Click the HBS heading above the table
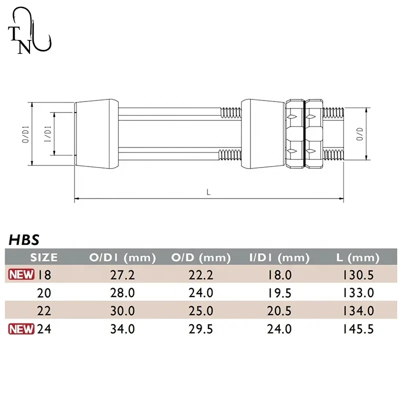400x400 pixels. tap(23, 239)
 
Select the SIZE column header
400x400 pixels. tap(44, 258)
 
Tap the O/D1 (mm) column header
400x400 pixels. tap(122, 258)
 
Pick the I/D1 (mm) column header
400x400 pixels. tap(279, 258)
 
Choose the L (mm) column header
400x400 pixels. tap(357, 258)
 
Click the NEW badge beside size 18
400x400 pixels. tap(20, 274)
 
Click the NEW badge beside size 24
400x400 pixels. tap(20, 328)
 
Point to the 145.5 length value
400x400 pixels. tap(359, 329)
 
